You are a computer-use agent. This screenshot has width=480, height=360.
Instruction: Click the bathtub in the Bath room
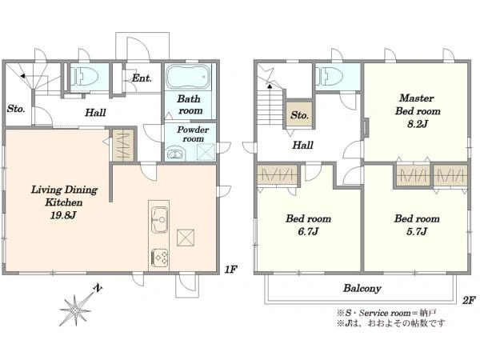click(188, 77)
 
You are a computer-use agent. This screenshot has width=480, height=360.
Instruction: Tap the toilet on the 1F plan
click(84, 76)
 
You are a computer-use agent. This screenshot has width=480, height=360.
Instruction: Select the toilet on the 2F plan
click(329, 76)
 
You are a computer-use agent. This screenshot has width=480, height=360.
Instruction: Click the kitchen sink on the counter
click(159, 220)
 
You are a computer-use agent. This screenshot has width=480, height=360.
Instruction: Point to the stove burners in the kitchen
click(159, 258)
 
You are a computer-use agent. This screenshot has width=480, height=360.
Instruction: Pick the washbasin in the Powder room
click(174, 154)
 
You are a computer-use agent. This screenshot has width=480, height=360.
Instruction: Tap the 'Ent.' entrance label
click(142, 78)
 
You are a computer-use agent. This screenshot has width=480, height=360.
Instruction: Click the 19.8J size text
click(63, 215)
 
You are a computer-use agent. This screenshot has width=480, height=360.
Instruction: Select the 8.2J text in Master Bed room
click(418, 124)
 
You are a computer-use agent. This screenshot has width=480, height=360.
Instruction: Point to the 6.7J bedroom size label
click(308, 231)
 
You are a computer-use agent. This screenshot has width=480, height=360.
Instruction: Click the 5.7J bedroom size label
click(417, 231)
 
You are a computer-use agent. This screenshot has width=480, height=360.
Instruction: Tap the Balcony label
click(362, 288)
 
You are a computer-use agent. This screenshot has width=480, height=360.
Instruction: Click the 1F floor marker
click(231, 270)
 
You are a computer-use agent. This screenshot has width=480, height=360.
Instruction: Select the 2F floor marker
click(469, 300)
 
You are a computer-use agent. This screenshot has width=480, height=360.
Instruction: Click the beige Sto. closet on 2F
click(300, 114)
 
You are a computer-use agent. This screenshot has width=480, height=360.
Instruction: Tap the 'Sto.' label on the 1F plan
click(16, 109)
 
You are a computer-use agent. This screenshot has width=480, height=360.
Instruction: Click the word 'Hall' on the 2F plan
click(302, 145)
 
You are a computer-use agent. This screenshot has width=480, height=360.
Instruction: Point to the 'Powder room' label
click(193, 134)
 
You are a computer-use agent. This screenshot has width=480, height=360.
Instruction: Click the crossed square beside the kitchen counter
click(186, 238)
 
